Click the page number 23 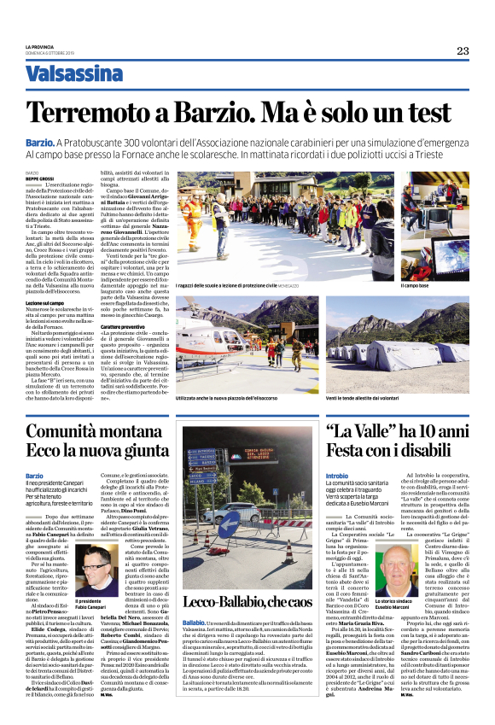click(x=463, y=50)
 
